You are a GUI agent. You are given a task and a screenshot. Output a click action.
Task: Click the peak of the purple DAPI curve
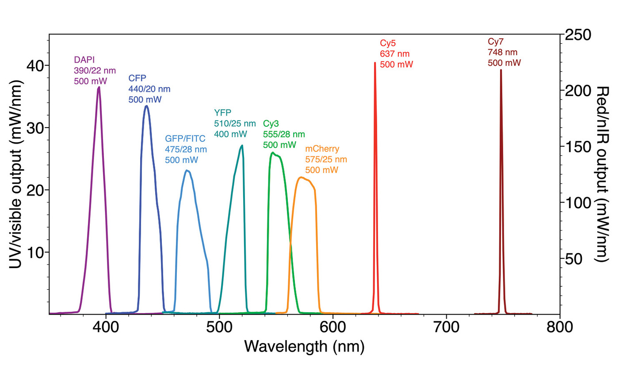coord(99,87)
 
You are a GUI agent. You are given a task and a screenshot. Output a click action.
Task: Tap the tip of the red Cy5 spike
coord(375,63)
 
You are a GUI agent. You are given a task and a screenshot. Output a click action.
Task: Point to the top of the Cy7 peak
coord(501,70)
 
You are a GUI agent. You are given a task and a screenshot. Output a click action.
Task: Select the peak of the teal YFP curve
coord(241,146)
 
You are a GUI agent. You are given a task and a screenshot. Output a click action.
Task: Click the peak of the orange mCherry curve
coord(301,178)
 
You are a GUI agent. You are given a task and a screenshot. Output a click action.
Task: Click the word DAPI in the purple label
coord(84,59)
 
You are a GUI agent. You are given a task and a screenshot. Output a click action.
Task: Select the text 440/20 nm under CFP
coord(149,89)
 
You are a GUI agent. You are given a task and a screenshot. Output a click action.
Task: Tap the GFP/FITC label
coord(185,138)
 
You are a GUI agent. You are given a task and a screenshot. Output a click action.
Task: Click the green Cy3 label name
coord(271,123)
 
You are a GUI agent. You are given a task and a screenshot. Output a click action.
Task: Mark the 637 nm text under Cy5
coord(395,54)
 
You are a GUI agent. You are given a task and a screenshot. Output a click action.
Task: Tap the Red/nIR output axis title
coord(603,174)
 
